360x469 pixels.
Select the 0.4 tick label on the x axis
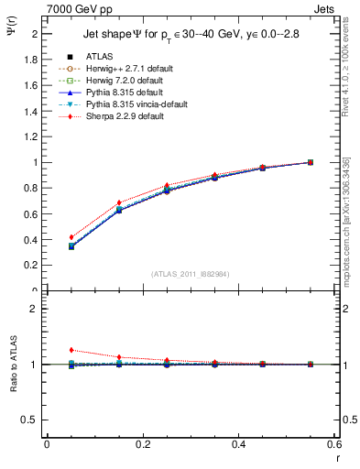[239, 444]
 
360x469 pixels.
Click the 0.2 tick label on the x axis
[143, 444]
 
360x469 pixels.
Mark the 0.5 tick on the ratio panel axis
[32, 420]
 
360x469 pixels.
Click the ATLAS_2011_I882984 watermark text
[190, 274]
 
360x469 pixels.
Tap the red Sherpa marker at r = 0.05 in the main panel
[71, 237]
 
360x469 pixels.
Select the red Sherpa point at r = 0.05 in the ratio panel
[71, 350]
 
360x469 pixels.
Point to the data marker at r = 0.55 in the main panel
[311, 162]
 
